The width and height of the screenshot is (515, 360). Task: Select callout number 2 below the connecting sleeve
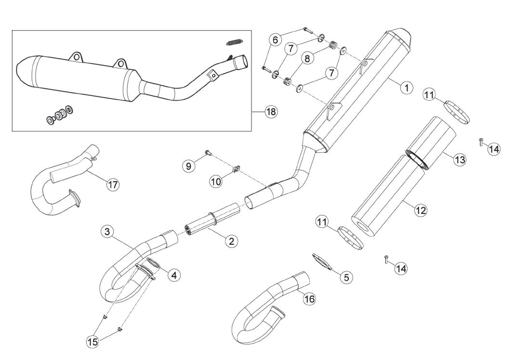[x=232, y=241]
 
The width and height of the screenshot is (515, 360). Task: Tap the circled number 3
[x=107, y=232]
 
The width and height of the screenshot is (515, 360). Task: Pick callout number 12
[x=421, y=210]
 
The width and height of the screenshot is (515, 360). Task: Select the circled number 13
[x=460, y=160]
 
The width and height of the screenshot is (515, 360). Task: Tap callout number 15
[x=92, y=342]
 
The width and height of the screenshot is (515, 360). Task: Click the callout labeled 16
[x=309, y=299]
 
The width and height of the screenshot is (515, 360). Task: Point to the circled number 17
[x=113, y=184]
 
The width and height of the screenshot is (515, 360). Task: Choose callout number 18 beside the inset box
[x=271, y=112]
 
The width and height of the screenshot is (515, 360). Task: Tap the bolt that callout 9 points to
[x=208, y=152]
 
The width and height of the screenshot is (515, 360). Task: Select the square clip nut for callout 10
[x=236, y=169]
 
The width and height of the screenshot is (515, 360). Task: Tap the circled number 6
[x=275, y=40]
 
